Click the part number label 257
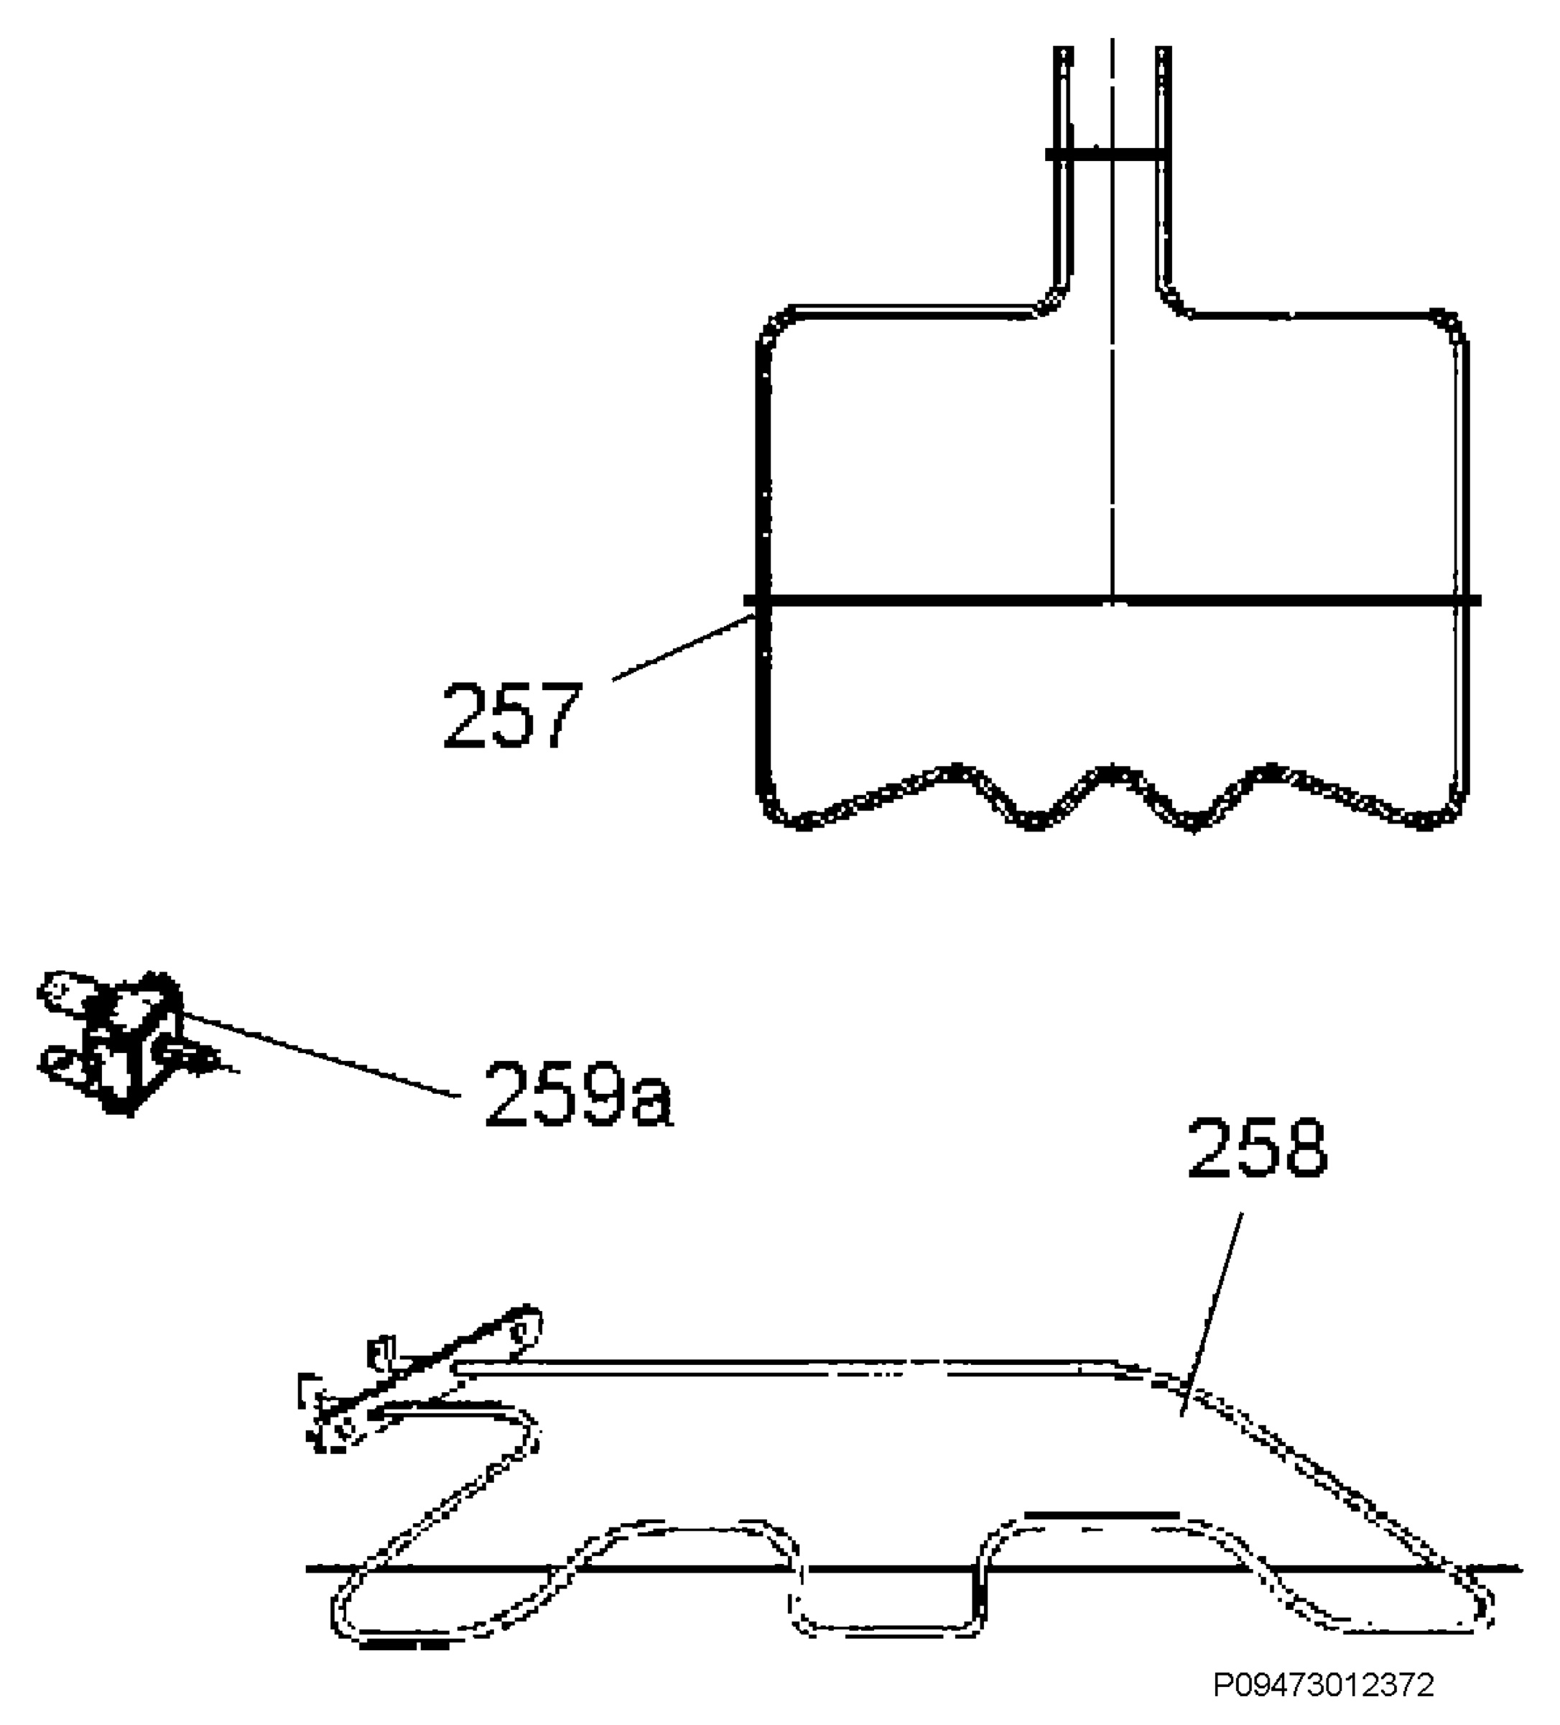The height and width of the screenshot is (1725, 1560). click(x=511, y=714)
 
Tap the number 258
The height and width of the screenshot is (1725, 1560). click(x=1257, y=1149)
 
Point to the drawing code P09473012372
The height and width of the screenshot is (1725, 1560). click(x=1324, y=1685)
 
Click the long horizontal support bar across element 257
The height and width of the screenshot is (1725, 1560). click(x=1112, y=601)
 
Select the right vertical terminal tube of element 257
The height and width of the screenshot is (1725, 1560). click(x=1162, y=171)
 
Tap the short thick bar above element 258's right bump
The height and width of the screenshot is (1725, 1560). click(x=1101, y=1514)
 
